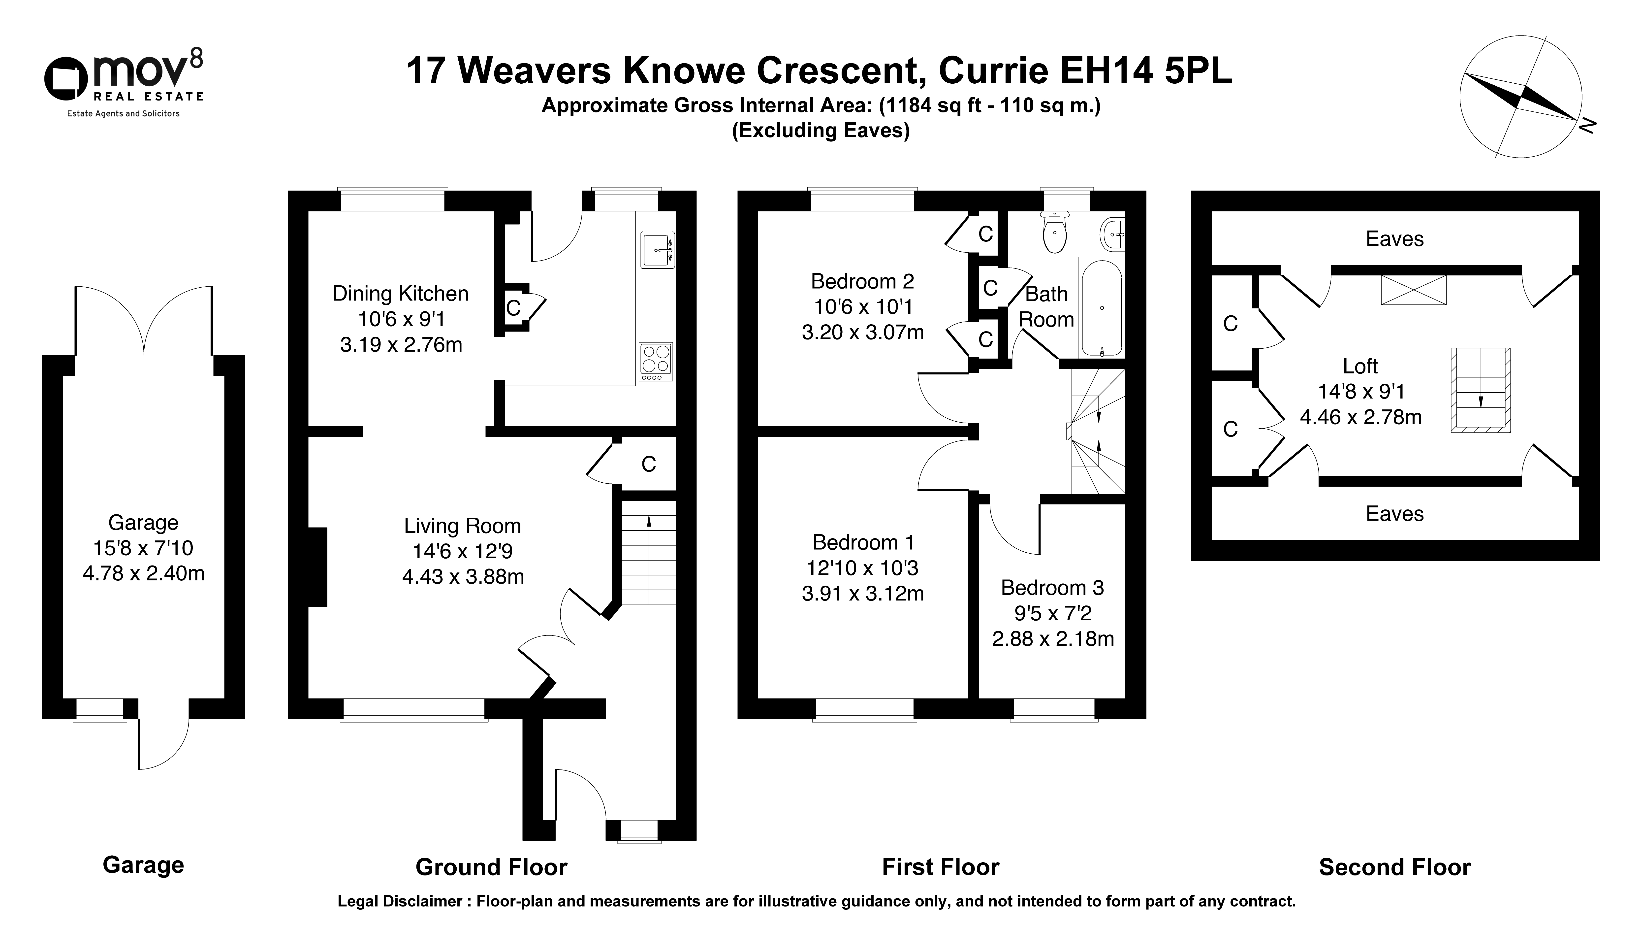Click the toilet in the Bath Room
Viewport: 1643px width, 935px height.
(x=1054, y=233)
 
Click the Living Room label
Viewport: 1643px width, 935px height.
(x=462, y=526)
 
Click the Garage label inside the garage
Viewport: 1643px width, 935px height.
(x=143, y=523)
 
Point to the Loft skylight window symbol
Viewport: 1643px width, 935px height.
(x=1414, y=290)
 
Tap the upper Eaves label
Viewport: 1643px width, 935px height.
(x=1395, y=239)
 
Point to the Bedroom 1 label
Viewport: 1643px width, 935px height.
(x=863, y=543)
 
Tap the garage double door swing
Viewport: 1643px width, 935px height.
(x=144, y=320)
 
